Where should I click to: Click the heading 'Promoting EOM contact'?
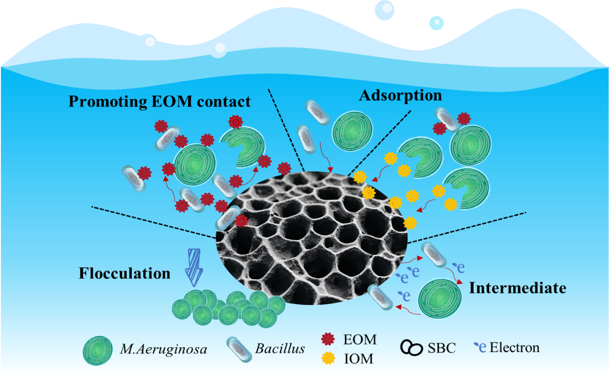pyautogui.click(x=159, y=101)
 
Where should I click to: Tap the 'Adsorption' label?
pyautogui.click(x=401, y=95)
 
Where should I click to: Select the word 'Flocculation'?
pyautogui.click(x=124, y=274)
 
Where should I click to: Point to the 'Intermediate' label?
pyautogui.click(x=517, y=288)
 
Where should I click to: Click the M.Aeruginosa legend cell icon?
pyautogui.click(x=97, y=349)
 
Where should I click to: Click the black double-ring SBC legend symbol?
pyautogui.click(x=412, y=348)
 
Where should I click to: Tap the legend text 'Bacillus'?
pyautogui.click(x=280, y=349)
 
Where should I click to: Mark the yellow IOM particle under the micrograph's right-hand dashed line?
pyautogui.click(x=410, y=222)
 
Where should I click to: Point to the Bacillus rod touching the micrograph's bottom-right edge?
pyautogui.click(x=380, y=297)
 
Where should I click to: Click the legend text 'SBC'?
pyautogui.click(x=442, y=348)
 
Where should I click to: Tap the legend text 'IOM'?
pyautogui.click(x=358, y=359)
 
